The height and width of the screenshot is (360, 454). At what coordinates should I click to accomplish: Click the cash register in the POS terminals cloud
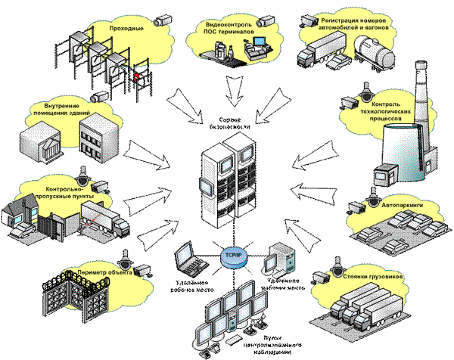[x=257, y=51]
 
